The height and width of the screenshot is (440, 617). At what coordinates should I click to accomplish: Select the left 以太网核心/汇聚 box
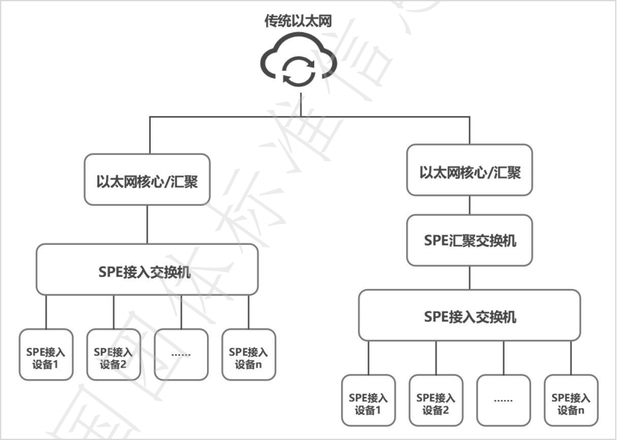pos(148,182)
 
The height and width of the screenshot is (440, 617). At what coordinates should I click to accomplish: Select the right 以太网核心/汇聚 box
pos(470,171)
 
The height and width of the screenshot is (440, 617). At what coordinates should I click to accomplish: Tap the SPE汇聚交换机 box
pos(470,240)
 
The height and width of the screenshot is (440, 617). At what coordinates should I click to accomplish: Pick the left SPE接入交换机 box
pos(147,270)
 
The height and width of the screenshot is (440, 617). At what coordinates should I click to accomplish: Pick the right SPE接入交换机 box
pos(470,315)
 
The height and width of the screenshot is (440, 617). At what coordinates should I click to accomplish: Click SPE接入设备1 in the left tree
pos(46,354)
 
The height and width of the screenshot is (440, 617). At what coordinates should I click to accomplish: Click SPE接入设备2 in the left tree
pos(113,354)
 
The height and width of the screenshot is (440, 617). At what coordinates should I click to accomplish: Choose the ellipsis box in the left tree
pos(181,354)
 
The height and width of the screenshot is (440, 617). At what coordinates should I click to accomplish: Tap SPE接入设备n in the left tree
pos(249,354)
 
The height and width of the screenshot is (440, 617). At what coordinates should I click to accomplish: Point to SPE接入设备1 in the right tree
pos(368,399)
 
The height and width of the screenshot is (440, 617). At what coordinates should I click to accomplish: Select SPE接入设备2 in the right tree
pos(436,399)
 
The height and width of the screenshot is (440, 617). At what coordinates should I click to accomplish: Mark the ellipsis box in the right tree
pos(504,399)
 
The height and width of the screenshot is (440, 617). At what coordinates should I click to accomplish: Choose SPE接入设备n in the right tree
pos(571,399)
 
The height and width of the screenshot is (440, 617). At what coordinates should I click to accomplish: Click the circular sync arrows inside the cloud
pos(298,69)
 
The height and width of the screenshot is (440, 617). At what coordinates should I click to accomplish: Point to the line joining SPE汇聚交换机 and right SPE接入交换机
pos(470,278)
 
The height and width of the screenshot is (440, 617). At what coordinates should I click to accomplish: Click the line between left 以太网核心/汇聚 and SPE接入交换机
pos(147,224)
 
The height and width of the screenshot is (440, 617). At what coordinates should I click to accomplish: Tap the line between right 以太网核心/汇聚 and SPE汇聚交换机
pos(470,205)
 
